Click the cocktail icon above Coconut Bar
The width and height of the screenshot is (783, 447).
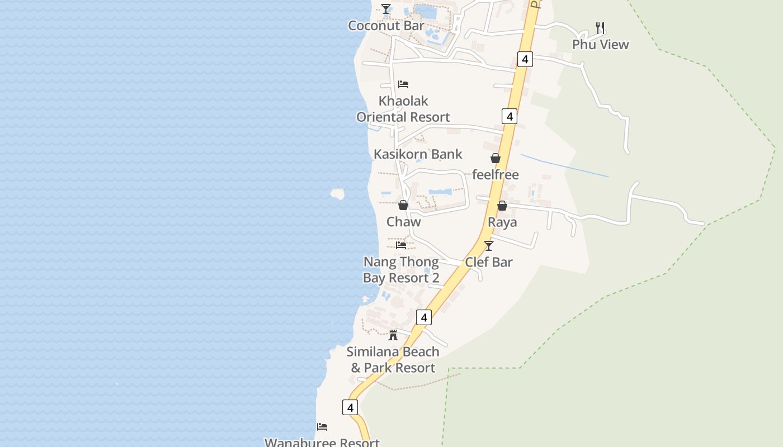pyautogui.click(x=386, y=9)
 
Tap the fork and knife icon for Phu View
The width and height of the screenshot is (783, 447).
pyautogui.click(x=601, y=27)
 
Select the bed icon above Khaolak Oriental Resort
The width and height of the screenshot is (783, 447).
pyautogui.click(x=403, y=84)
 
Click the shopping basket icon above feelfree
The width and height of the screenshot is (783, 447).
pyautogui.click(x=495, y=158)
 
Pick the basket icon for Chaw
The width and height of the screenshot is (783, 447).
pyautogui.click(x=403, y=205)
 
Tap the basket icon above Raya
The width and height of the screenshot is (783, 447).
pyautogui.click(x=502, y=206)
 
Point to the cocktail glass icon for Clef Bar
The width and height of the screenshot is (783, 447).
pyautogui.click(x=489, y=245)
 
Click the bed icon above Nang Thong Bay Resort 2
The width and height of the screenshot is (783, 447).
pyautogui.click(x=401, y=245)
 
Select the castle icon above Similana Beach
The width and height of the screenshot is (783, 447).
pyautogui.click(x=393, y=335)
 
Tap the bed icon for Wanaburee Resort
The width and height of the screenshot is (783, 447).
pyautogui.click(x=322, y=427)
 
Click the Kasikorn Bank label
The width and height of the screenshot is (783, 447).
pyautogui.click(x=418, y=154)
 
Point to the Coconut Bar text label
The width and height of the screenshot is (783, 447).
pyautogui.click(x=386, y=26)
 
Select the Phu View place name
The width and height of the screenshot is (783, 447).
pyautogui.click(x=600, y=45)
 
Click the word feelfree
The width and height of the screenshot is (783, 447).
pyautogui.click(x=496, y=175)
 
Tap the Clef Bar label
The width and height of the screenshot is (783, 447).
pyautogui.click(x=489, y=262)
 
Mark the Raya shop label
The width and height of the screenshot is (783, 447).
pyautogui.click(x=502, y=222)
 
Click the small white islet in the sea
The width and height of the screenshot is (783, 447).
pyautogui.click(x=337, y=194)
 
